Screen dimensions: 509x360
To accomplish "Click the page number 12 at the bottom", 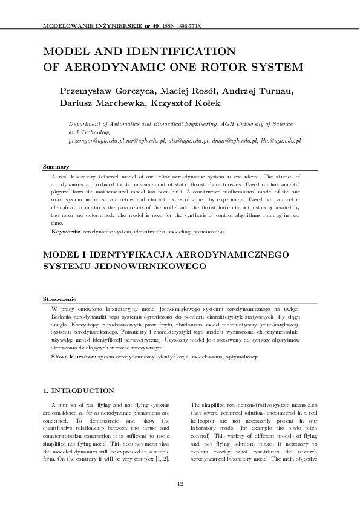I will [180, 484].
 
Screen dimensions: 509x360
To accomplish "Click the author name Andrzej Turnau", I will [258, 91].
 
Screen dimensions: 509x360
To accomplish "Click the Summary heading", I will [56, 166].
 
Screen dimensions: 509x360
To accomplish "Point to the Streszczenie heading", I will [59, 299].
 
